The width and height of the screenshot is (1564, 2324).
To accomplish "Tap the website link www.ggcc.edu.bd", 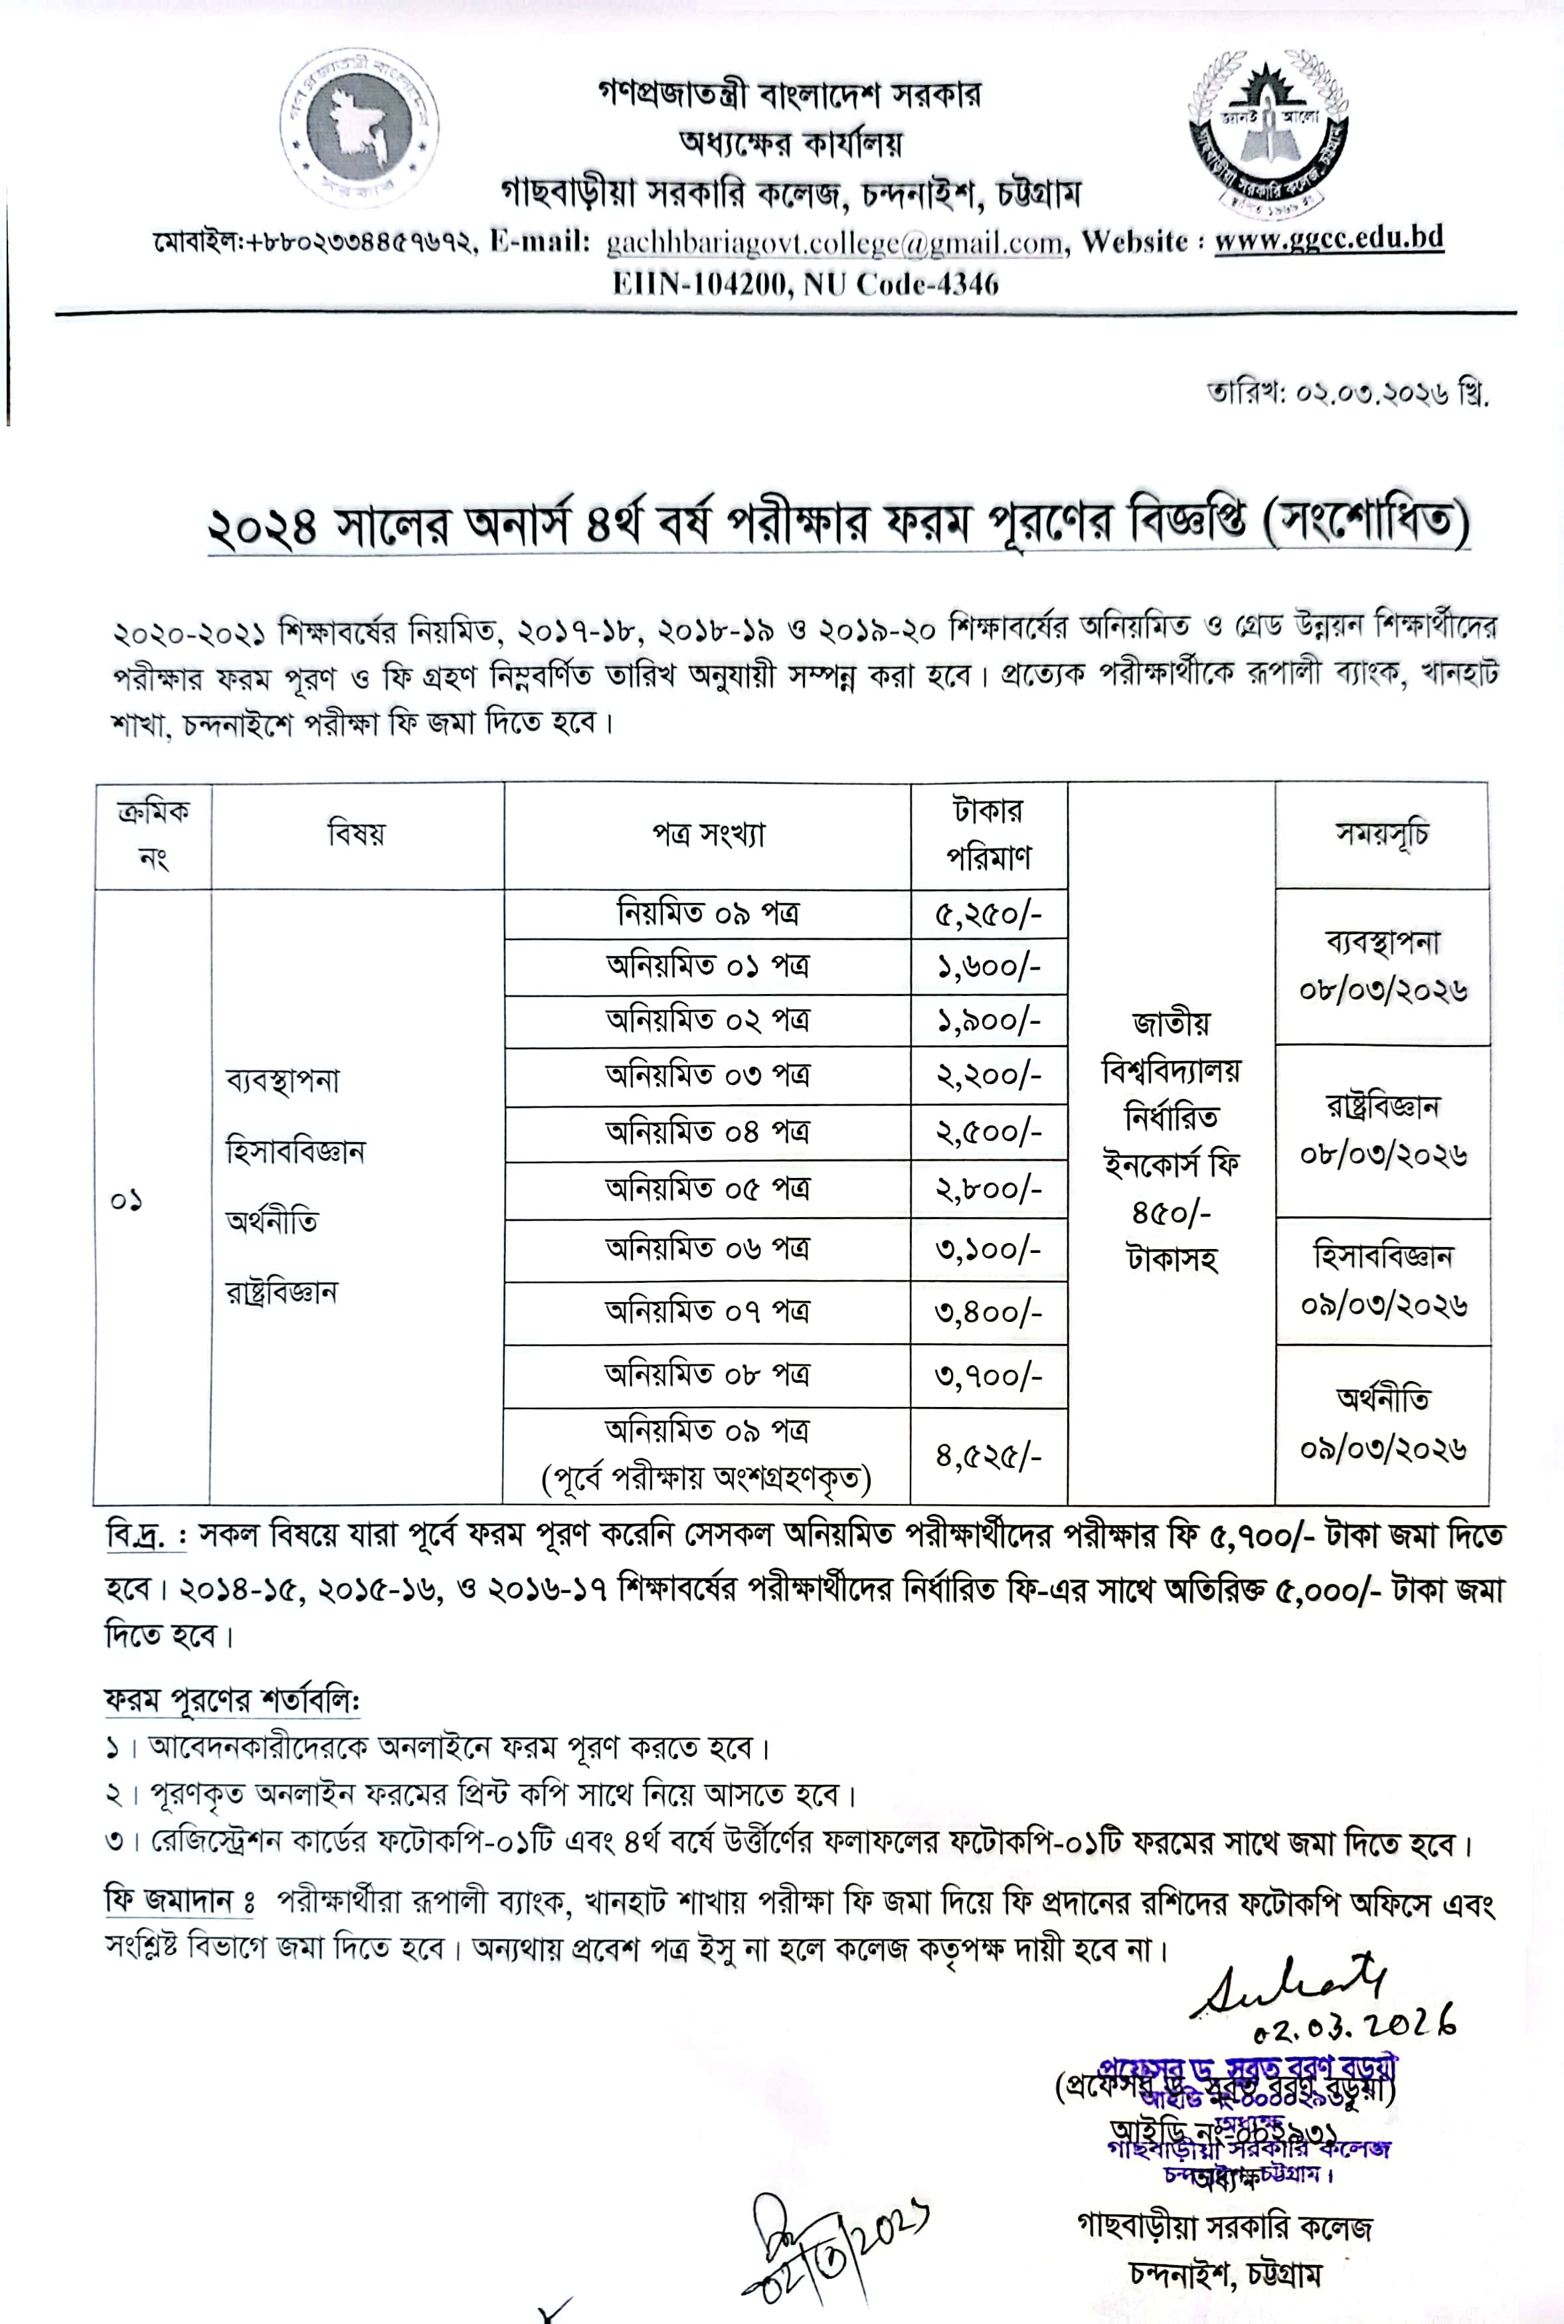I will [x=1329, y=239].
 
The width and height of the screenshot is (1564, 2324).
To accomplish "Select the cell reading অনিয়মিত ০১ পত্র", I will [x=707, y=966].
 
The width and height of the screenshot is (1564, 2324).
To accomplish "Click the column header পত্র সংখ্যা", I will [x=707, y=835].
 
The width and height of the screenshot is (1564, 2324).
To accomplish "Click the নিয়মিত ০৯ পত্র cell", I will [x=707, y=913].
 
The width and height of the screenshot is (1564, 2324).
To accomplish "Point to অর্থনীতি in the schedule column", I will [x=1383, y=1399].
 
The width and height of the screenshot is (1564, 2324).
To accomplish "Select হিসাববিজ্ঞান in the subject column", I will [x=296, y=1151].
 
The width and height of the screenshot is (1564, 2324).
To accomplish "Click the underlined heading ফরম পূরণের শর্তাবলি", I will [x=232, y=1699].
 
